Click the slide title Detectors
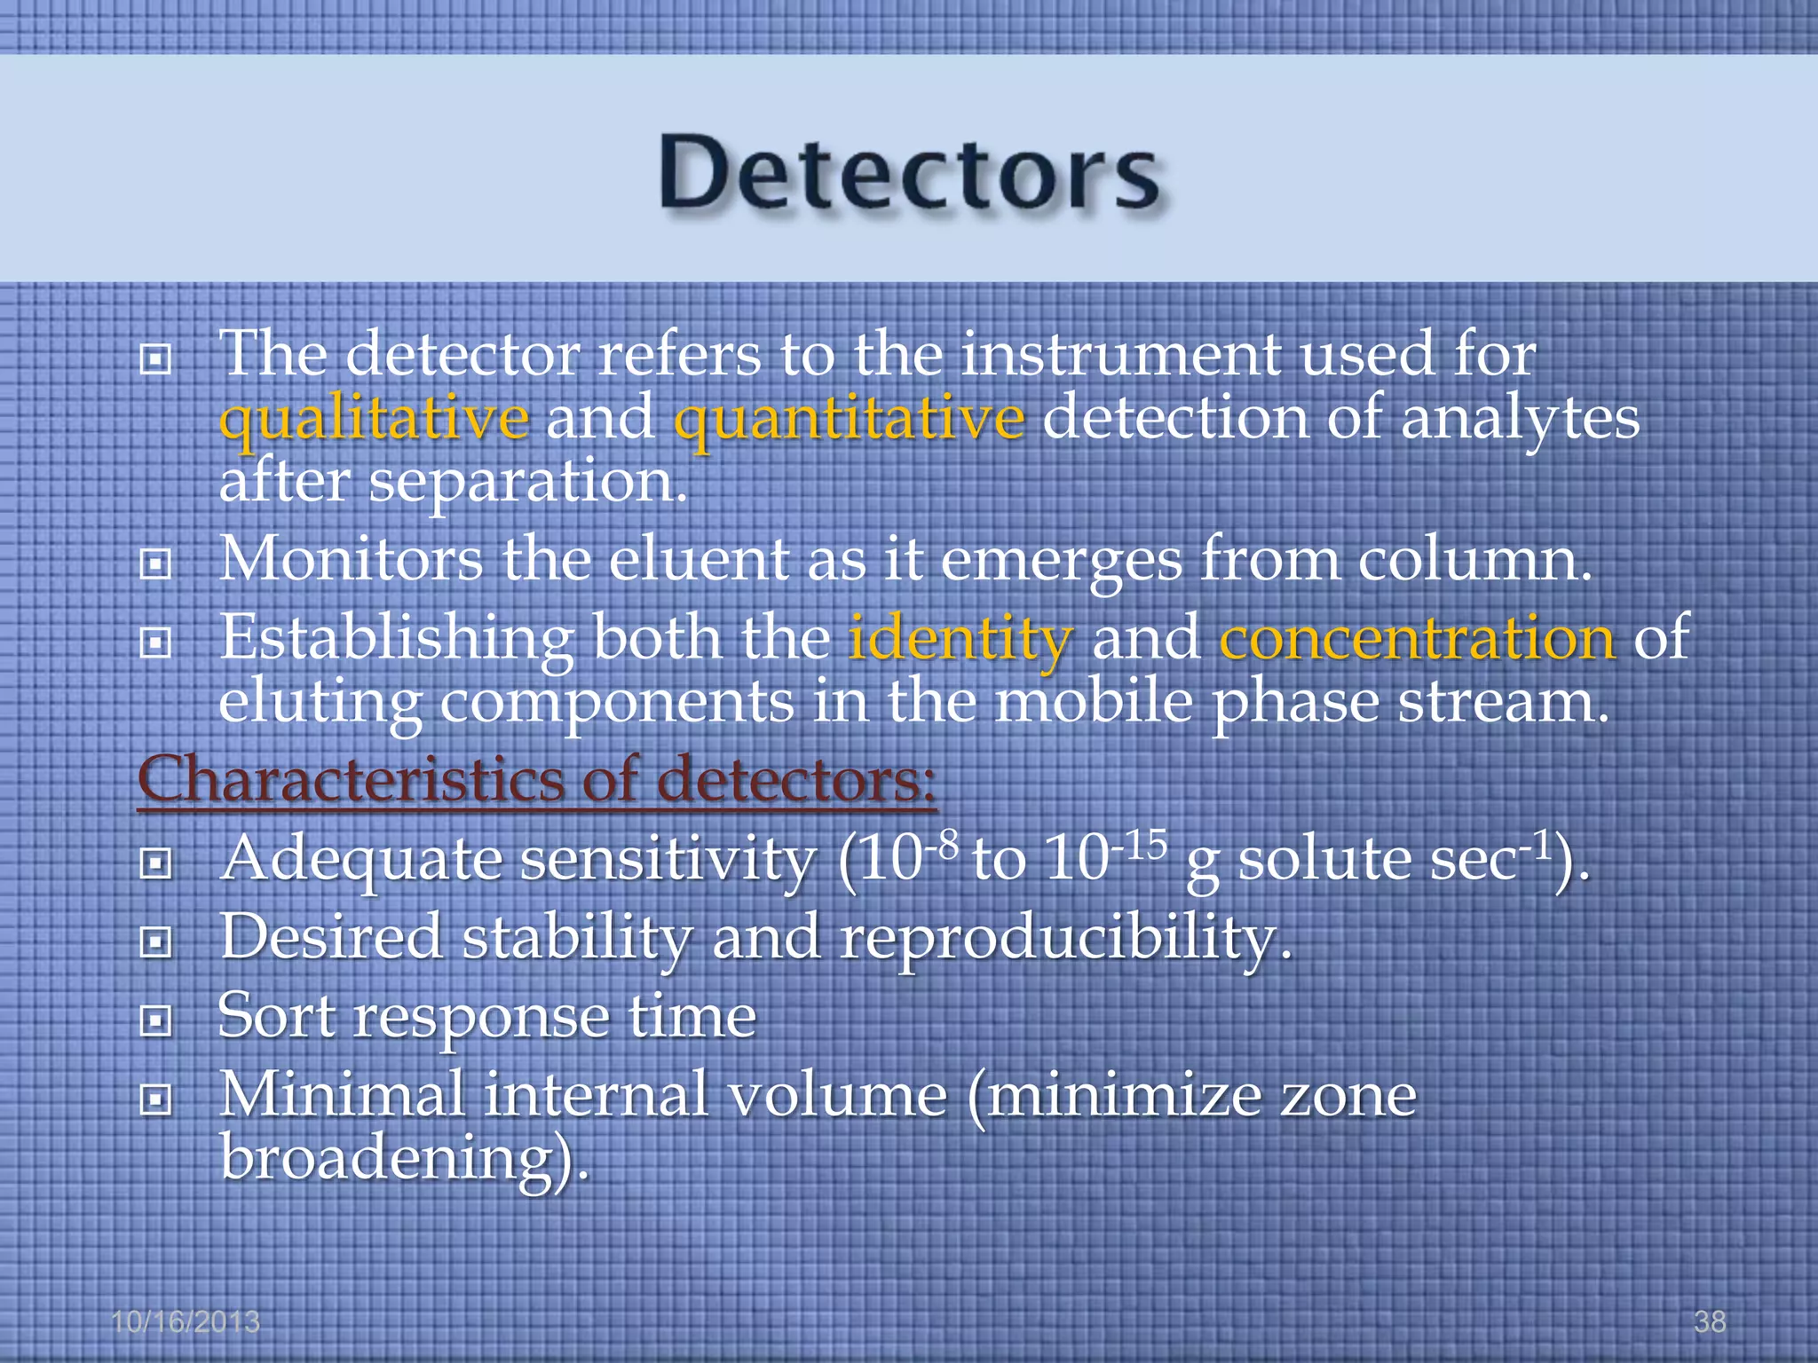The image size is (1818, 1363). (x=909, y=173)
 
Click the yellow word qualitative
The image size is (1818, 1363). (x=374, y=419)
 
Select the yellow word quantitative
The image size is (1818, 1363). (x=849, y=419)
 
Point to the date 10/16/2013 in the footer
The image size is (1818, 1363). (x=186, y=1321)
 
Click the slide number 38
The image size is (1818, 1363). (x=1710, y=1321)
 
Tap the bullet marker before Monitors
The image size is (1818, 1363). (x=155, y=564)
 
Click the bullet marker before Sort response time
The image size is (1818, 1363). (x=155, y=1022)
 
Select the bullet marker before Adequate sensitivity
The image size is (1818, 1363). (x=155, y=863)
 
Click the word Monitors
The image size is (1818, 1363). (x=351, y=561)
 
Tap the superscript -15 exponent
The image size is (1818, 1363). (x=1140, y=846)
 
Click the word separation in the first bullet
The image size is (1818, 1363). (x=527, y=482)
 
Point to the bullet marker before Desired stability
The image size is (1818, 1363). (x=155, y=942)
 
